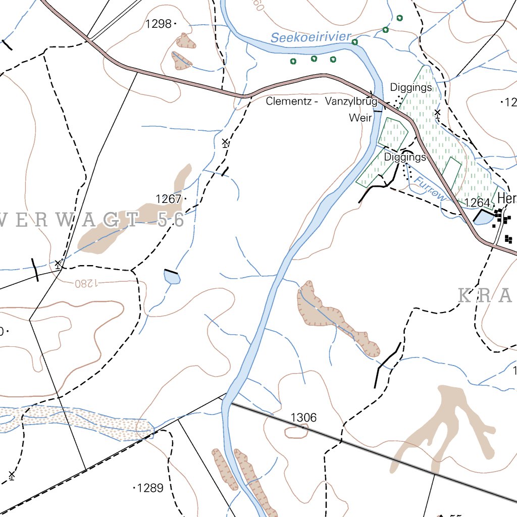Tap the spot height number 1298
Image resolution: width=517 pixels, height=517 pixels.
(159, 23)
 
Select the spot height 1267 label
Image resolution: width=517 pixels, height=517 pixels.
(169, 199)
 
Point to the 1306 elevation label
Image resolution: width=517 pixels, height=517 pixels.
(304, 417)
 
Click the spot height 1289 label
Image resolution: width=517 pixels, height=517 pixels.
(150, 488)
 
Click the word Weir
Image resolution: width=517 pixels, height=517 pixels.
(360, 118)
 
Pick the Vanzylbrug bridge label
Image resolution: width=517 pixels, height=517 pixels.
(351, 101)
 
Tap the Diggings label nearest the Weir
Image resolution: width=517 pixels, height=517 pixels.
(411, 87)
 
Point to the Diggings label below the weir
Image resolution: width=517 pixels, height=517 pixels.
(405, 157)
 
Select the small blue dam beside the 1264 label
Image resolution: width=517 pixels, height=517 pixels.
(484, 218)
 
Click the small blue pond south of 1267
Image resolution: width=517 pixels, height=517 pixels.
(172, 277)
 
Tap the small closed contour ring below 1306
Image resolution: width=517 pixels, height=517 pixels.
(296, 432)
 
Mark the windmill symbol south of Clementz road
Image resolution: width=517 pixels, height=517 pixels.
(225, 142)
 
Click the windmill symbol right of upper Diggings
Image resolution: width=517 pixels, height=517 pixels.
(438, 113)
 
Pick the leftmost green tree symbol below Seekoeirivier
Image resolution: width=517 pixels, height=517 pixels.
(292, 62)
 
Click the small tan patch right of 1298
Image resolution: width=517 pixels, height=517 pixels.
(186, 40)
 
